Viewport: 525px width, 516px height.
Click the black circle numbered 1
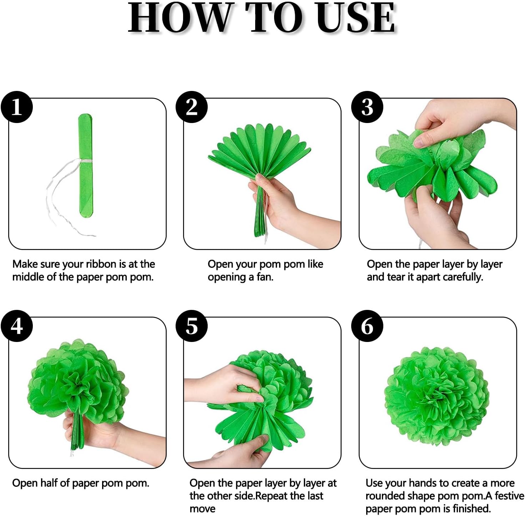click(x=17, y=107)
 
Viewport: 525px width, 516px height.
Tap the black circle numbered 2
click(x=192, y=107)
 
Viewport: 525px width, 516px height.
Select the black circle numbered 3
click(x=367, y=107)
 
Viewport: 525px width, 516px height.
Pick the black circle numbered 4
click(x=17, y=326)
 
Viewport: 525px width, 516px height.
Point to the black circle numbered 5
click(x=192, y=326)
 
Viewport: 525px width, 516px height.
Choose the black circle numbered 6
click(x=367, y=326)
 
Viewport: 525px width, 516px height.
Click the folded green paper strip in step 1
click(x=86, y=165)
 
